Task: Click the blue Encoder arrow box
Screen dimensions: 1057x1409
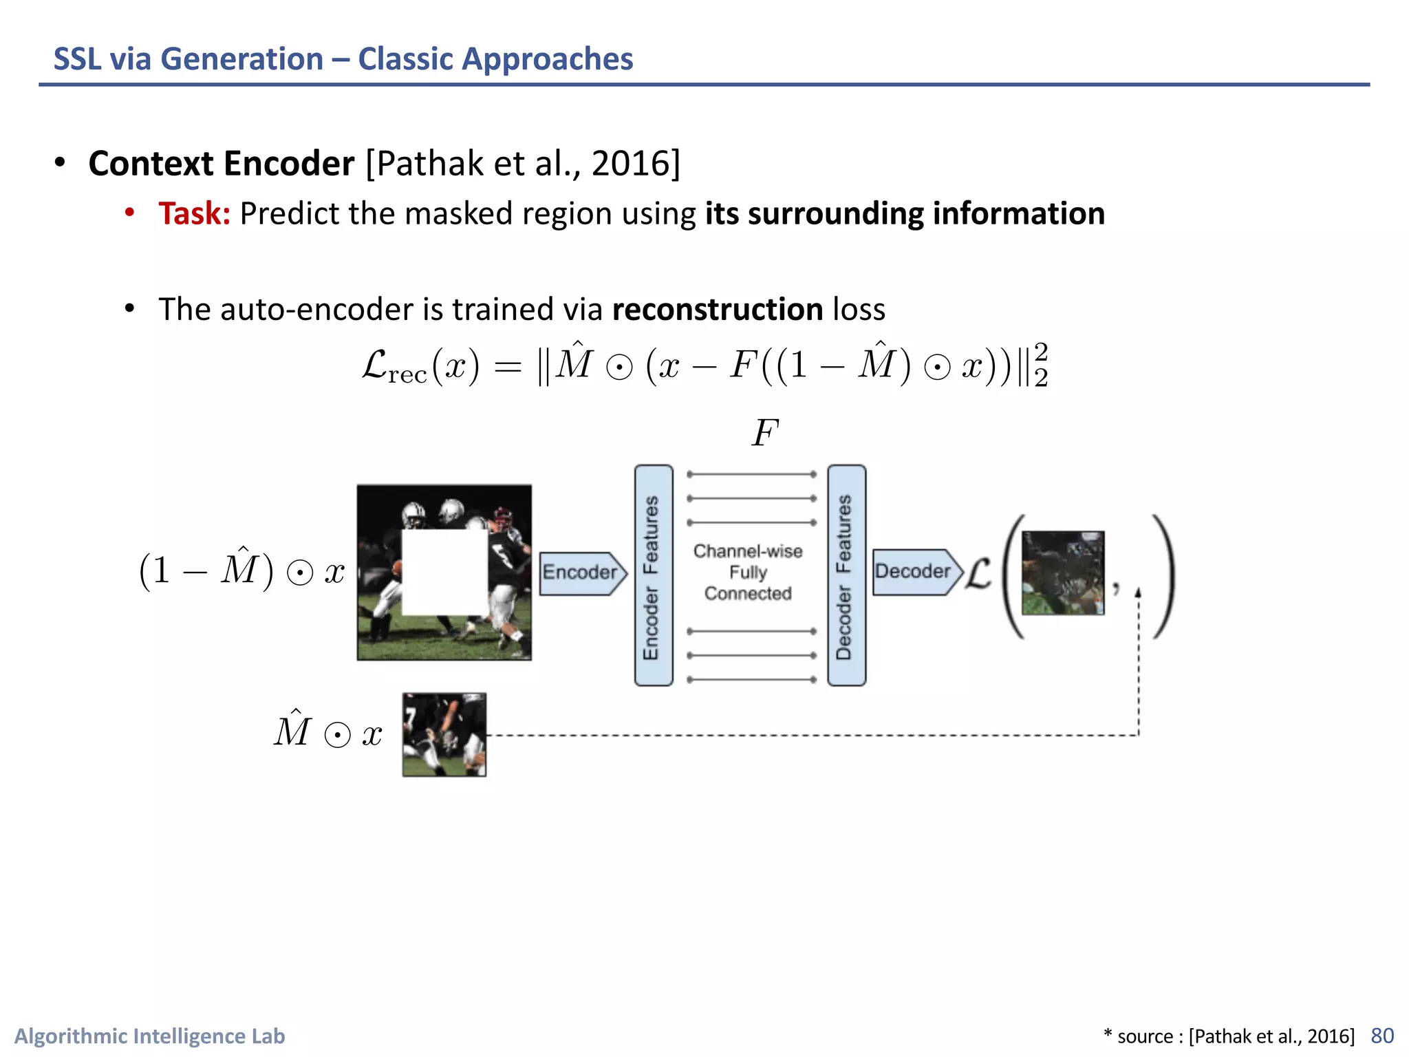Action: [x=581, y=573]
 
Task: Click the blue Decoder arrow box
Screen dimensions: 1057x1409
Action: [x=914, y=571]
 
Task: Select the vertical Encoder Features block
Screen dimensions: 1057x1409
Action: [x=653, y=575]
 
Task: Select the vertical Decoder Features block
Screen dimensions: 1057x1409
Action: [x=846, y=575]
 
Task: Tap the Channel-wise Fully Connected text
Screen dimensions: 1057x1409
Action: [x=748, y=573]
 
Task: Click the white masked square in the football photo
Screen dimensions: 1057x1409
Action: [x=444, y=572]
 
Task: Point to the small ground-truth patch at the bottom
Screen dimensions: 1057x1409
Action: [x=444, y=735]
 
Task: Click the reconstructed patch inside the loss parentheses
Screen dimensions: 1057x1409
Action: [x=1063, y=573]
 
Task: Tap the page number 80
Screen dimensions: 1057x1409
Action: [x=1382, y=1036]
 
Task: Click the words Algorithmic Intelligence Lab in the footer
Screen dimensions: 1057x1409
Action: [x=150, y=1036]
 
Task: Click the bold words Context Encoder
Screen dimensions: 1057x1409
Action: [x=222, y=164]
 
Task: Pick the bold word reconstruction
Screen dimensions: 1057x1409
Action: [x=718, y=310]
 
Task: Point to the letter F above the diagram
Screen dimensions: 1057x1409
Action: [x=764, y=434]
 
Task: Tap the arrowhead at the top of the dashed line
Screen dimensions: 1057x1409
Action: [x=1138, y=592]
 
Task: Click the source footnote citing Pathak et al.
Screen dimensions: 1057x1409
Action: [x=1229, y=1036]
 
